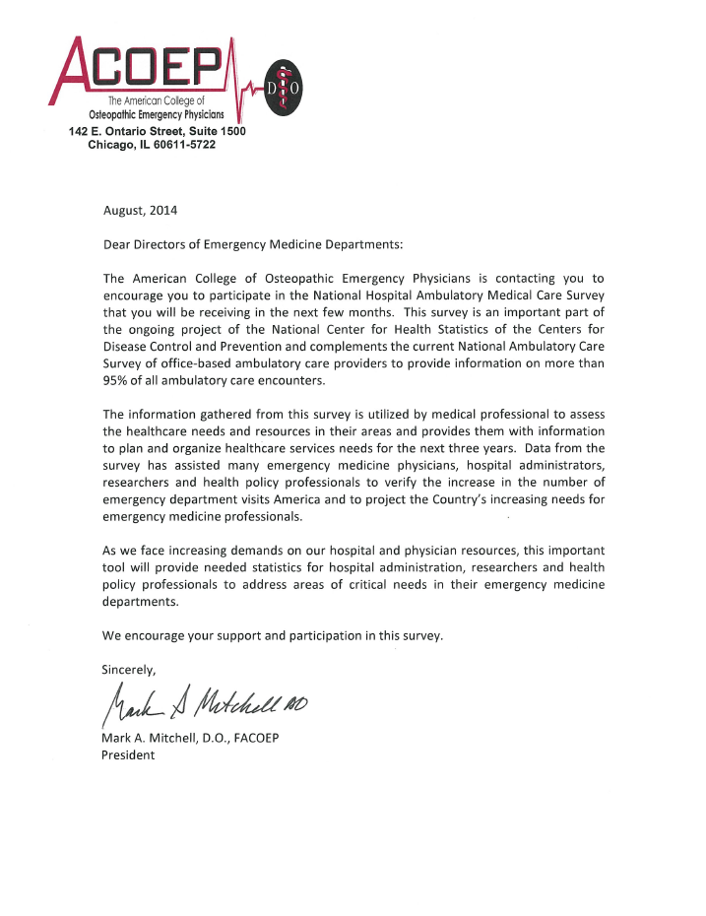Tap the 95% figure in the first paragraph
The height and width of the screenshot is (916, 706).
(x=118, y=382)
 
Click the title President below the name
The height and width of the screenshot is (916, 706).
(x=129, y=755)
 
